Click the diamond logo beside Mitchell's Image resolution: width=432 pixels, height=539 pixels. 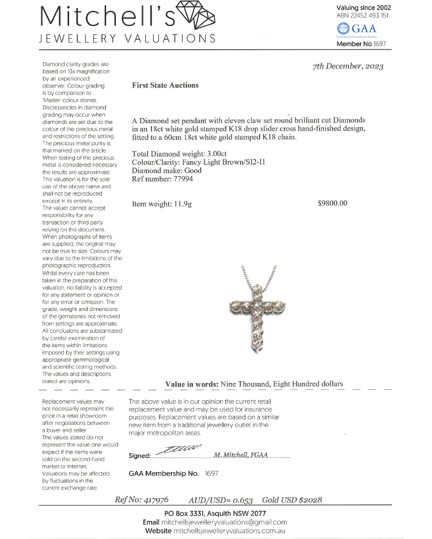(196, 16)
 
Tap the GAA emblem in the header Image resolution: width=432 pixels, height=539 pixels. (343, 28)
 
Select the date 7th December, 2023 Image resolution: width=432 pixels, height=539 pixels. (348, 66)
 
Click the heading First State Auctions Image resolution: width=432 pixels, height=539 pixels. (165, 85)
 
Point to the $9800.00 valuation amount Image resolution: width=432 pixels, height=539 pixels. (333, 203)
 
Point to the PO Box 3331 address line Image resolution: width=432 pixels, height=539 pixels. (215, 513)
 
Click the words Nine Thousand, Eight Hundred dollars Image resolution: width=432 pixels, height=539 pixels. (282, 384)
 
